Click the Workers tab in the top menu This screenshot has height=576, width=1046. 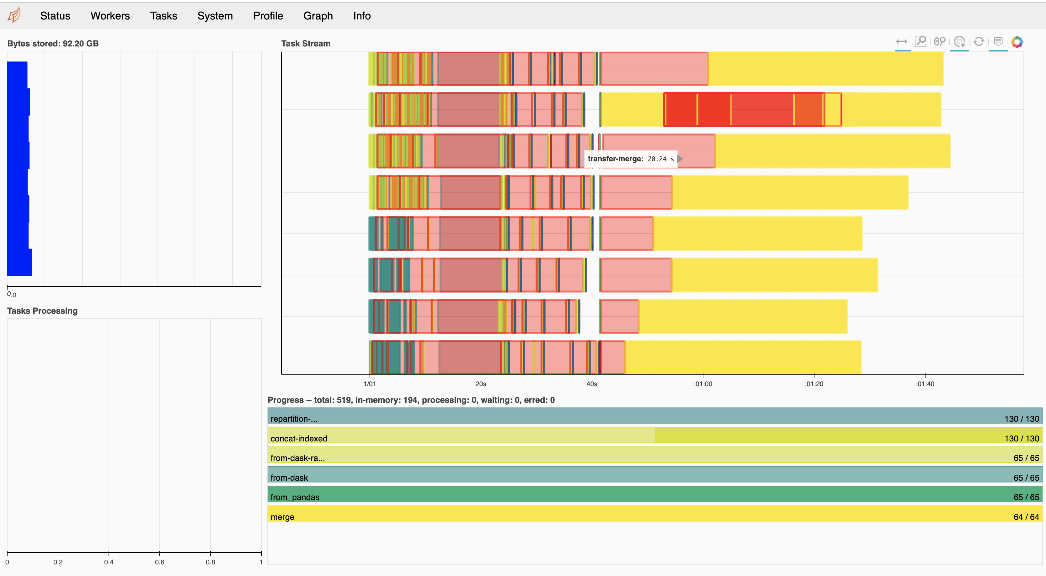(x=110, y=16)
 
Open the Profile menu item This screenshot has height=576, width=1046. (x=268, y=16)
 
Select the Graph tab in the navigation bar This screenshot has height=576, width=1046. (x=318, y=16)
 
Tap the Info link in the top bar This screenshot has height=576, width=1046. (x=362, y=16)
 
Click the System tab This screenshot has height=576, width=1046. (x=215, y=16)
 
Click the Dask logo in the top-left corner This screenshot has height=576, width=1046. (x=14, y=15)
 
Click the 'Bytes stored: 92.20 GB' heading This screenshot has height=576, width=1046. (x=53, y=43)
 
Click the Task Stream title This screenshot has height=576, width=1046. (x=306, y=43)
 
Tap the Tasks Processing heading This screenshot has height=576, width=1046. (x=42, y=311)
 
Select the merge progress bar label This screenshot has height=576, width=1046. (x=282, y=517)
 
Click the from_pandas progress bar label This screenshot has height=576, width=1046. (x=295, y=497)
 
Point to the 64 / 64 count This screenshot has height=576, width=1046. (x=1026, y=517)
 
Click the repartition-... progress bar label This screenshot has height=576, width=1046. (x=294, y=419)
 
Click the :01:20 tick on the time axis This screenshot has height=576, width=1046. (x=814, y=384)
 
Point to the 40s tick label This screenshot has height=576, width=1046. (x=592, y=384)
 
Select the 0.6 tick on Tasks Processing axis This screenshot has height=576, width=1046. (x=160, y=562)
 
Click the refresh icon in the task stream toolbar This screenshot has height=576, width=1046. (x=979, y=41)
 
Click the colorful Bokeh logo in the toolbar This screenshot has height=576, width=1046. (x=1017, y=41)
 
